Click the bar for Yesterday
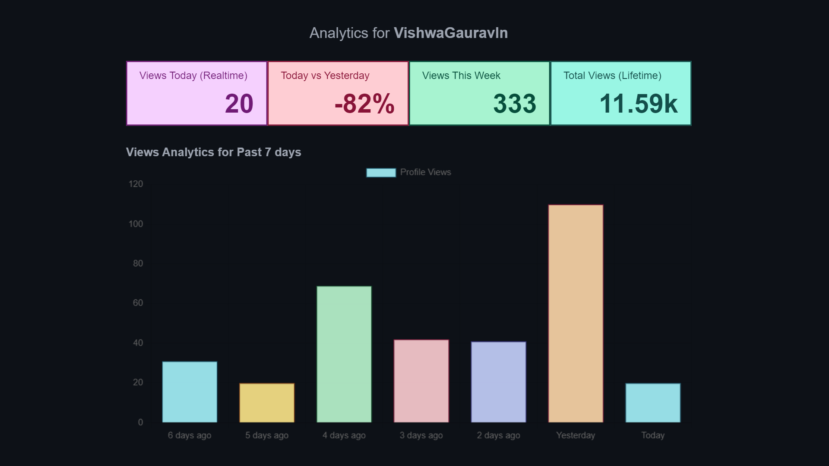point(576,314)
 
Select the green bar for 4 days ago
point(344,354)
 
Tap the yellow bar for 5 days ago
point(267,403)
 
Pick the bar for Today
point(653,403)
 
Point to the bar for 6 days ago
point(190,392)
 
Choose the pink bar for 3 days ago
point(421,381)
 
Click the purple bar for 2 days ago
point(499,382)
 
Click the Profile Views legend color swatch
point(381,173)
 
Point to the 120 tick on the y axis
point(136,184)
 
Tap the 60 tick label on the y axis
point(138,303)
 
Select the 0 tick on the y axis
point(140,422)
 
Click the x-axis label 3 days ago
point(421,435)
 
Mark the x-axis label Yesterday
point(576,435)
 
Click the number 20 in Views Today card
point(239,104)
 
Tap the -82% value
point(364,104)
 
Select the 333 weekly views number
point(515,104)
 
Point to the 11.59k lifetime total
point(639,104)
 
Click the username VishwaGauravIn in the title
point(451,33)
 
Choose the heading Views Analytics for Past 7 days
point(213,152)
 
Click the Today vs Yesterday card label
point(325,76)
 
